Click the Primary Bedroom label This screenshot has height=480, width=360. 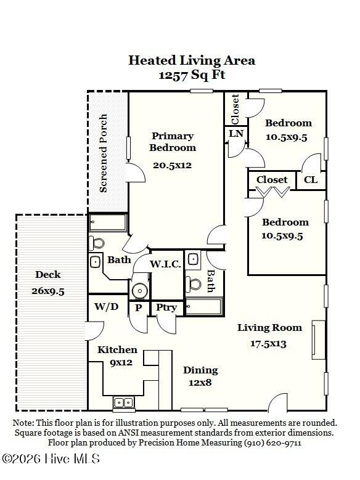click(173, 142)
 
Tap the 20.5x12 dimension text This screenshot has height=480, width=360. click(172, 165)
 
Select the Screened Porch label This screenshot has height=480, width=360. click(104, 153)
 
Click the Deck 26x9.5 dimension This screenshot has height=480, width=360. click(48, 291)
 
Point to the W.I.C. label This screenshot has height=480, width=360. click(165, 264)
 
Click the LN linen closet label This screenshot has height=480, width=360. click(236, 134)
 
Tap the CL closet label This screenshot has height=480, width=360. click(311, 180)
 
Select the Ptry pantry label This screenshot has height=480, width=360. click(166, 307)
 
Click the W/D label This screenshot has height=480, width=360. click(106, 306)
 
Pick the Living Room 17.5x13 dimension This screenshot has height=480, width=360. click(268, 343)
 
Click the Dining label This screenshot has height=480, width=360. click(200, 370)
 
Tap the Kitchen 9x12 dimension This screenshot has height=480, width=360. click(121, 363)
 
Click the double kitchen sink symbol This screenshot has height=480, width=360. click(123, 402)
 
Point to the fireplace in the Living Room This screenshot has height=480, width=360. click(319, 340)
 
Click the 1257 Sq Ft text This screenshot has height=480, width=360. click(192, 75)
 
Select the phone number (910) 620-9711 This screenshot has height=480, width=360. click(272, 442)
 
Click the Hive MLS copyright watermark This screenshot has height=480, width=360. click(51, 458)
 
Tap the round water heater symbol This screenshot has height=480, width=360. click(140, 290)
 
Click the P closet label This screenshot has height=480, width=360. click(139, 307)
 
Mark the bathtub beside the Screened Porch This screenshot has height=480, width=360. click(108, 222)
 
